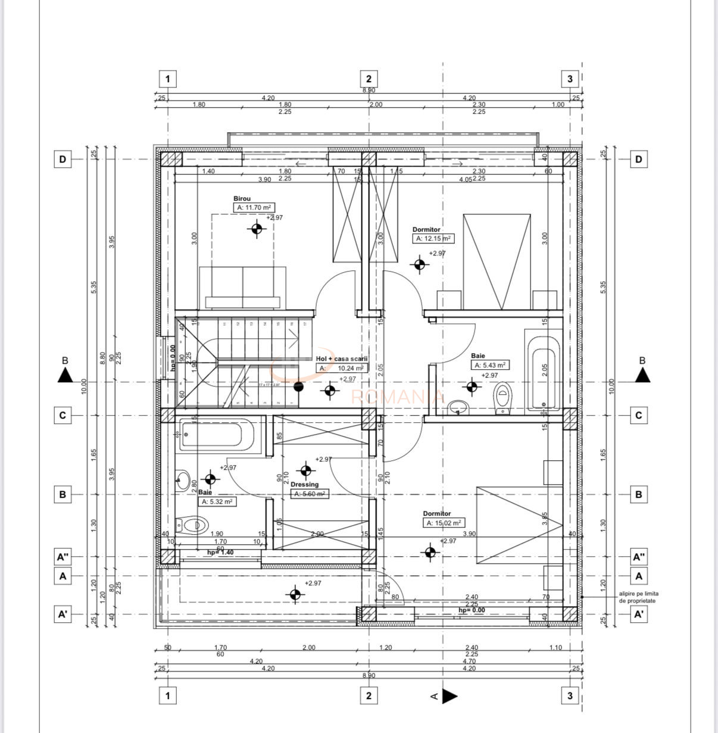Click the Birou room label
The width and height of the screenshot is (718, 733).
[242, 199]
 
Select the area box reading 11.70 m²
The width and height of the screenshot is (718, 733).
[254, 208]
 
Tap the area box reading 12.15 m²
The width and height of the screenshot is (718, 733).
[433, 238]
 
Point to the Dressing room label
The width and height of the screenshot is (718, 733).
[304, 485]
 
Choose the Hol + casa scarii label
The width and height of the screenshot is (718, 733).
[342, 359]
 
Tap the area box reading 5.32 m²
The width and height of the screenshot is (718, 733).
[217, 501]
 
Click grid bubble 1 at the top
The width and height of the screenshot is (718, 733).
[168, 79]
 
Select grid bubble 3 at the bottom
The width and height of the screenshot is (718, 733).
[570, 695]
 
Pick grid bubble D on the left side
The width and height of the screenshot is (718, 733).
[63, 160]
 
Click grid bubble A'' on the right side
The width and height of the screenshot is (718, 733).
[639, 557]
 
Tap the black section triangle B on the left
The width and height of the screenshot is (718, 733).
[65, 375]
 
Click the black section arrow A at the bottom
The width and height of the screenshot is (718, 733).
[449, 695]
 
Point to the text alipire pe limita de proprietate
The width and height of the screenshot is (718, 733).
[638, 597]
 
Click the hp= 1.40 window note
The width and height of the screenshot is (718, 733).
[220, 553]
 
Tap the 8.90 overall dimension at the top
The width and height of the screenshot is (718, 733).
[369, 90]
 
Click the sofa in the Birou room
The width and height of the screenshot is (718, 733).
[243, 288]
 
